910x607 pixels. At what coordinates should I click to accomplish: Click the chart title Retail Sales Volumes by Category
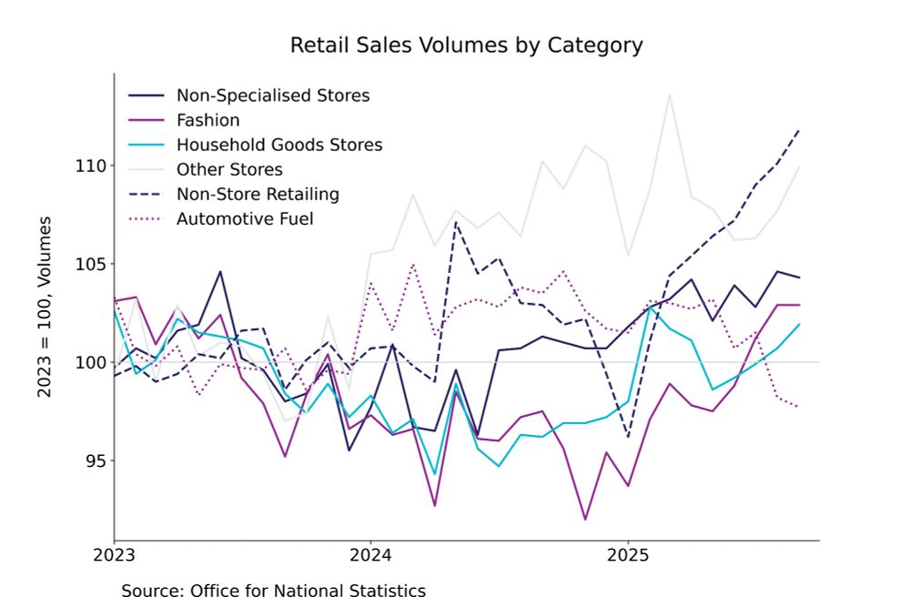pos(466,45)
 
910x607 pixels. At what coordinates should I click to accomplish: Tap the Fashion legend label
pos(208,120)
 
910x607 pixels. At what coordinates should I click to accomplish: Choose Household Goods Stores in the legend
pos(279,145)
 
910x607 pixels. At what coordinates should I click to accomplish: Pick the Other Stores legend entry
pos(229,169)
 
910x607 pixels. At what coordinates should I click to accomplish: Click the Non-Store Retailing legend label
pos(258,194)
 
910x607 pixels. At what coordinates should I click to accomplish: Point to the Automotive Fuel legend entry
pos(245,218)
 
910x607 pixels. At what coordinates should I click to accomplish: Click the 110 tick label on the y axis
pos(93,166)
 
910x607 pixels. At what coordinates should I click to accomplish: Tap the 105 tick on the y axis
pos(93,264)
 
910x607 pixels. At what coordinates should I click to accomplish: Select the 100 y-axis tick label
pos(93,362)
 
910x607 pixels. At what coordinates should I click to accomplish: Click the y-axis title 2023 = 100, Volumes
pos(44,307)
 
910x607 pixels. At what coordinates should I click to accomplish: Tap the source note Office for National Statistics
pos(273,591)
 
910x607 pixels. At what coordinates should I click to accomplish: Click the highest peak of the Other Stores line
pos(671,93)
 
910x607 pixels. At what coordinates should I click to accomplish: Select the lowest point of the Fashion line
pos(585,520)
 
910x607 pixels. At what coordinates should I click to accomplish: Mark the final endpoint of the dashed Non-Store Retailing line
pos(799,129)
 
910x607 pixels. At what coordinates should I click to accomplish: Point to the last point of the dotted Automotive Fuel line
pos(799,407)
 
